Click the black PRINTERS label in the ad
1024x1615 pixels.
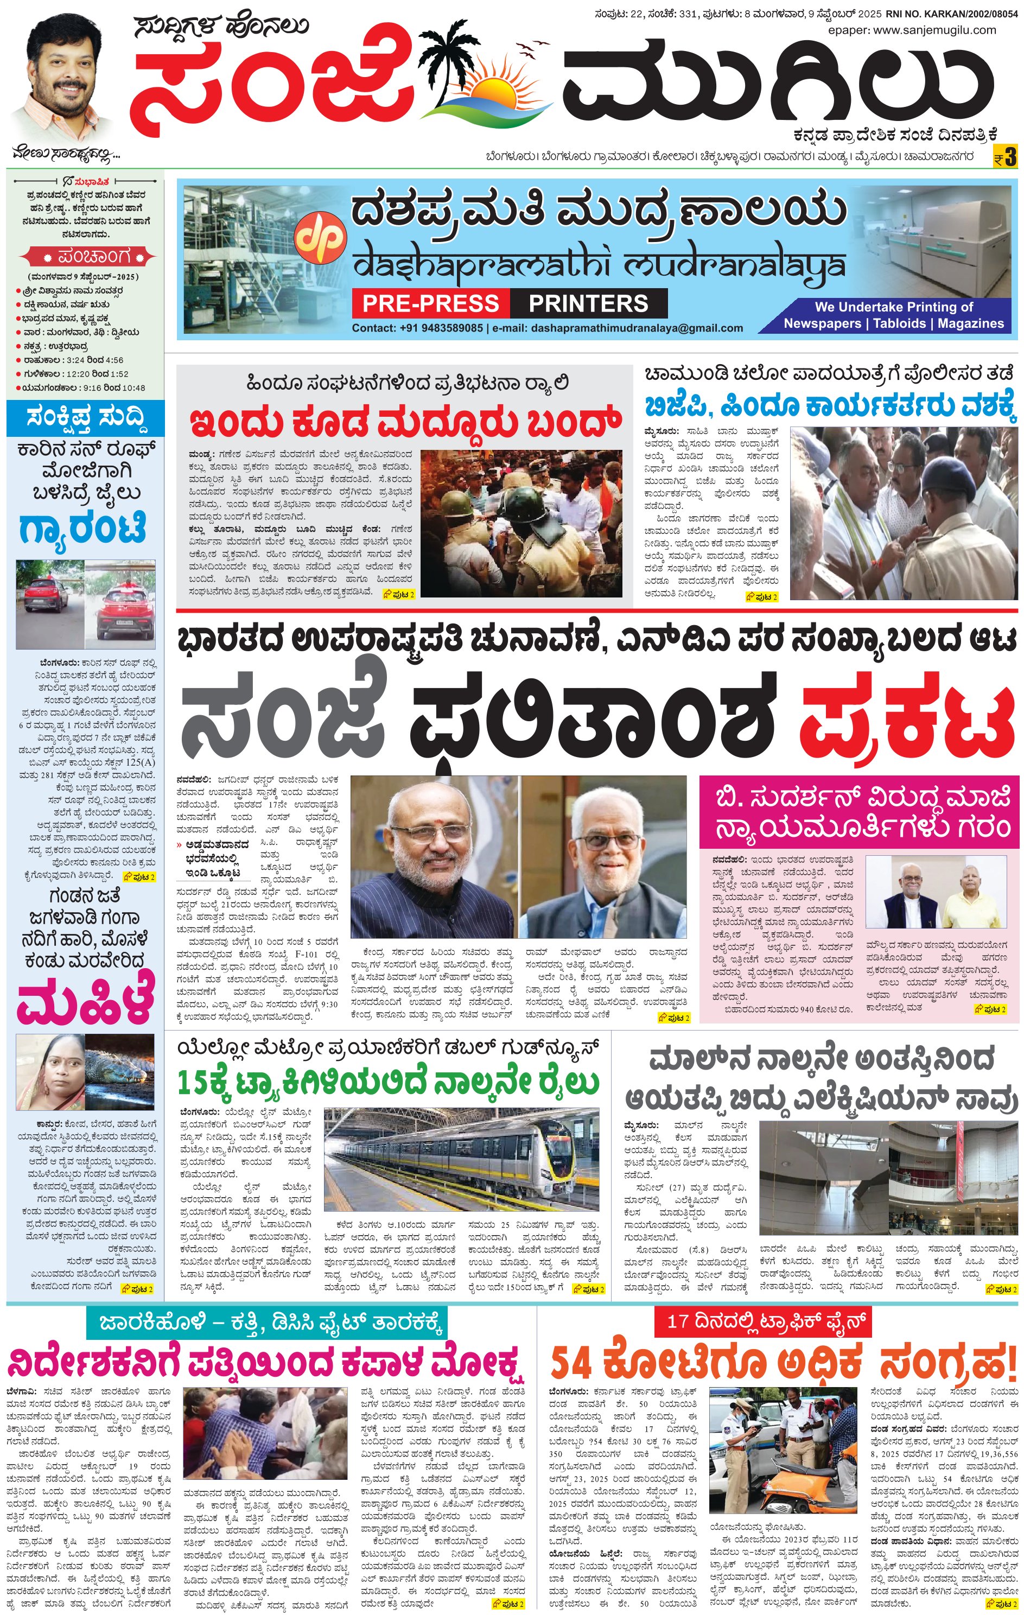tap(588, 303)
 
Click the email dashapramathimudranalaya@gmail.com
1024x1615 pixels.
tap(637, 328)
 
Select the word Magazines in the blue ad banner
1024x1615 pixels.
tap(970, 323)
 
